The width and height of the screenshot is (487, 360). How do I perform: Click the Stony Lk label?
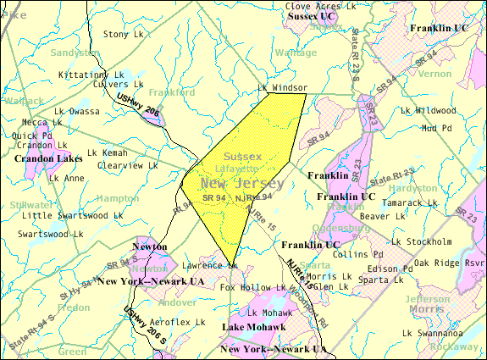pyautogui.click(x=124, y=34)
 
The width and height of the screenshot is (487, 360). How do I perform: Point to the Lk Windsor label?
pyautogui.click(x=283, y=88)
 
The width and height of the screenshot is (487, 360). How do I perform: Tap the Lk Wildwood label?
pyautogui.click(x=429, y=110)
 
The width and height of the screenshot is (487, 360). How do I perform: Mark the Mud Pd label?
pyautogui.click(x=438, y=128)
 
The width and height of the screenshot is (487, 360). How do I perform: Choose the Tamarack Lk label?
pyautogui.click(x=409, y=203)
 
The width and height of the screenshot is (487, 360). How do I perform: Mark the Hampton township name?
pyautogui.click(x=119, y=197)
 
